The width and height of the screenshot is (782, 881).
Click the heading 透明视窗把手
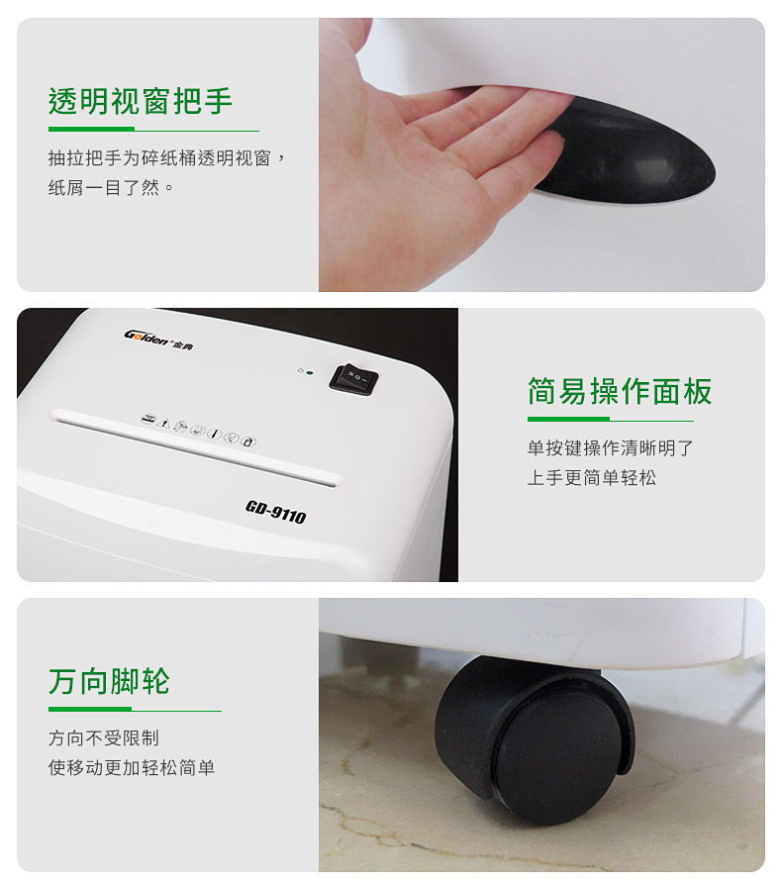(x=141, y=101)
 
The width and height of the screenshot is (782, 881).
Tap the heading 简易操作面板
(x=620, y=391)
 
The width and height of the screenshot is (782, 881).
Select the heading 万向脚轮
(x=109, y=682)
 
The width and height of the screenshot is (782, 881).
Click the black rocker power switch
(x=353, y=379)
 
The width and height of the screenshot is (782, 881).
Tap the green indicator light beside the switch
(x=310, y=372)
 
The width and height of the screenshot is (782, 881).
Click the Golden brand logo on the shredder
(x=158, y=340)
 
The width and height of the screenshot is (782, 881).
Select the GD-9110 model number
(x=276, y=512)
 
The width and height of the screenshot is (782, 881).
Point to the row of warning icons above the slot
(x=198, y=430)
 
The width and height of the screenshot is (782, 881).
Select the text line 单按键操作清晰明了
(x=610, y=448)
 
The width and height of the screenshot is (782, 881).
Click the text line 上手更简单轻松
(x=592, y=477)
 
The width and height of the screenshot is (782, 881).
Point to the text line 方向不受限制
(x=103, y=737)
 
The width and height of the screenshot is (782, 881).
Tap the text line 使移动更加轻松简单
(x=132, y=767)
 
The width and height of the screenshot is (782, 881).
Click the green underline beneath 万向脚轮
(x=135, y=710)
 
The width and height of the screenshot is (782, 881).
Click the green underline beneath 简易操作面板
(x=610, y=419)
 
